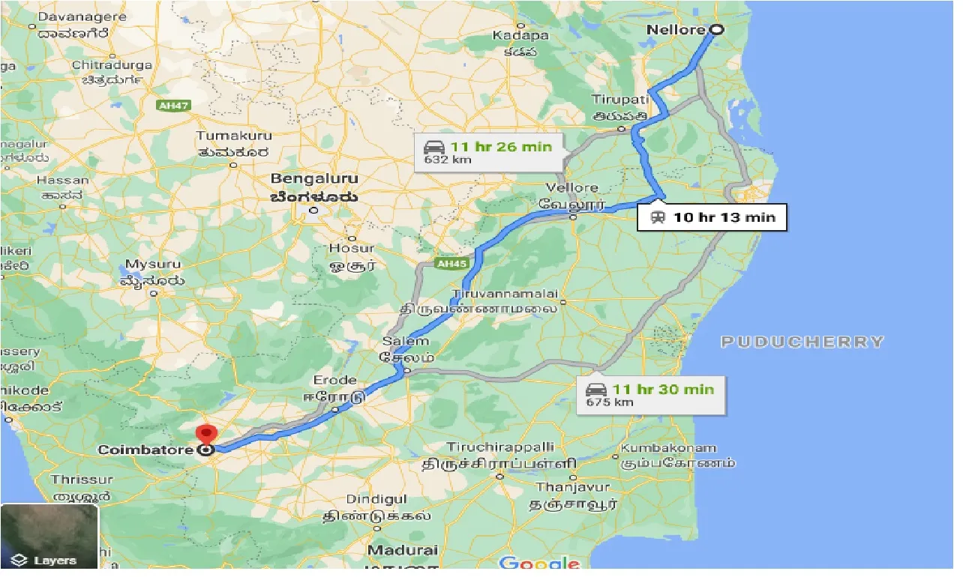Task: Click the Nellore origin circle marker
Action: click(x=716, y=30)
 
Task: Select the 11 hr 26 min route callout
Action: click(x=490, y=151)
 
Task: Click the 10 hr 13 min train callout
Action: click(x=712, y=218)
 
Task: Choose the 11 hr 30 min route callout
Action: click(x=651, y=394)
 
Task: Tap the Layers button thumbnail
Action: click(x=49, y=537)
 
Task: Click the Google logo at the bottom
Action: click(x=540, y=564)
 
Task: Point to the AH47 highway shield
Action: click(x=173, y=106)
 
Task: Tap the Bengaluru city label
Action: click(x=314, y=180)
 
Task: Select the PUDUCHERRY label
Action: click(x=802, y=342)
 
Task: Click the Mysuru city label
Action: click(x=154, y=265)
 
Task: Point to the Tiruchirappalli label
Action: click(x=500, y=447)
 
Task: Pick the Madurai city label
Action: click(x=403, y=550)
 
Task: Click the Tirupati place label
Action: click(x=619, y=100)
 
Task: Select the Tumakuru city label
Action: click(x=234, y=136)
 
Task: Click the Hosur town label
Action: click(x=352, y=248)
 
